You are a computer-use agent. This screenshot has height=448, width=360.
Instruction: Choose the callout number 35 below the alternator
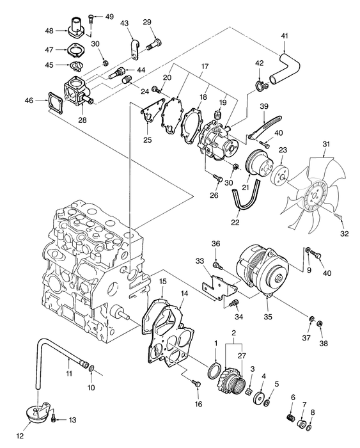[x=267, y=315]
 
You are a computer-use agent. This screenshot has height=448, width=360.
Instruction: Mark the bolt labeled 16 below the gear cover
[x=196, y=383]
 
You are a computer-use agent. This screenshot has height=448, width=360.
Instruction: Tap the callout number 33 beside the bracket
[x=200, y=260]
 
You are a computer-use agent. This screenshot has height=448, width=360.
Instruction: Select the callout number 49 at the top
[x=109, y=16]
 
